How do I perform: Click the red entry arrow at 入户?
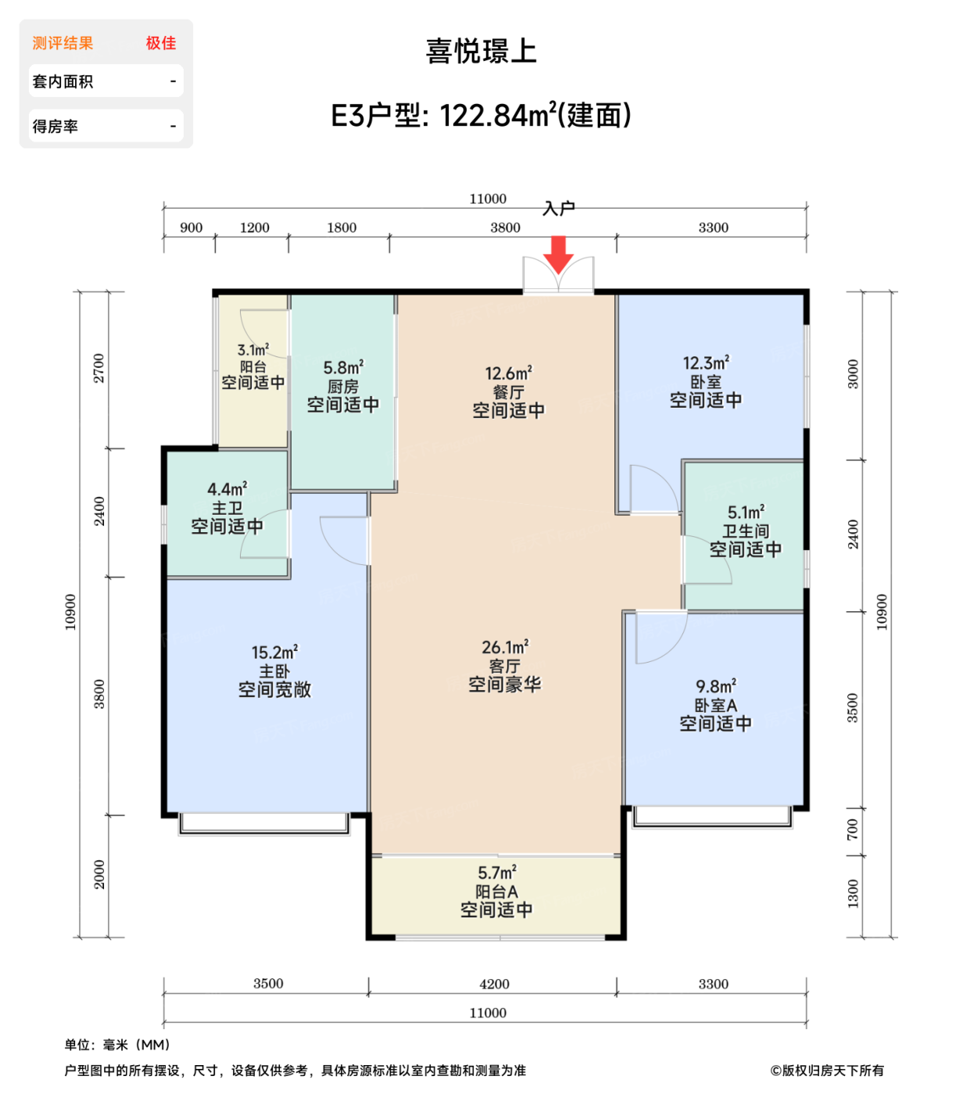pos(558,254)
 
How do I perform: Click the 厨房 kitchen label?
pos(342,386)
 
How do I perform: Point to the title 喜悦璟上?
pos(481,52)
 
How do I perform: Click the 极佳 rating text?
pos(161,43)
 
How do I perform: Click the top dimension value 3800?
pos(505,227)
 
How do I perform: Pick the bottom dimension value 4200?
pos(494,984)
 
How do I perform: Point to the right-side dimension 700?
pos(852,830)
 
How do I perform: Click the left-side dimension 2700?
pos(99,368)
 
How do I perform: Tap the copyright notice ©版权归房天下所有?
pos(827,1071)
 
